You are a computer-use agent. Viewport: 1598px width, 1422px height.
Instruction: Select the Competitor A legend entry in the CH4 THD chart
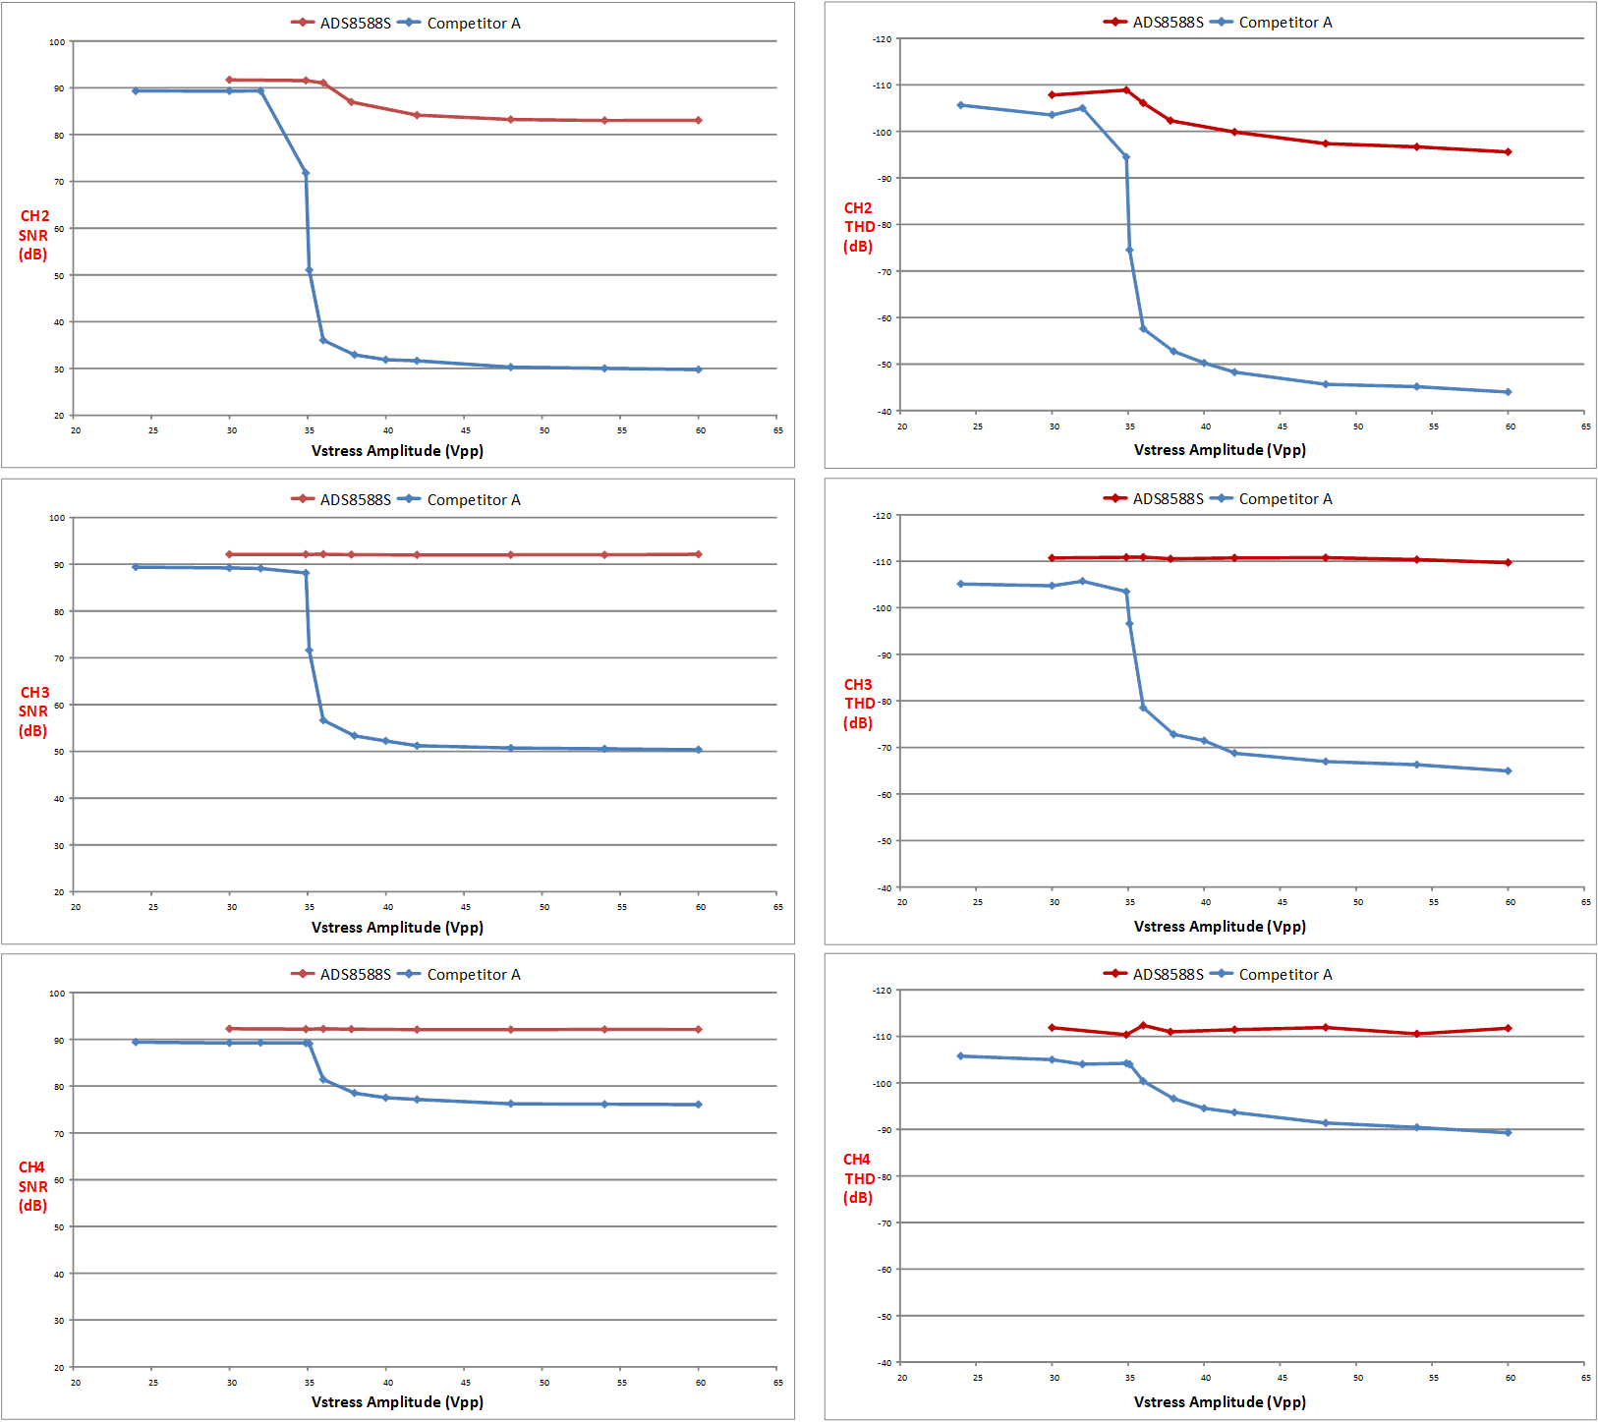click(1272, 975)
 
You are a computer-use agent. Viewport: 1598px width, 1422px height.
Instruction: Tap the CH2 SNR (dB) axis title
click(33, 236)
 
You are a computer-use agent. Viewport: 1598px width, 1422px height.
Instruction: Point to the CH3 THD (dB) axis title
click(858, 704)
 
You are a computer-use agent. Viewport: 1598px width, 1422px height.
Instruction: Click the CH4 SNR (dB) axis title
click(32, 1186)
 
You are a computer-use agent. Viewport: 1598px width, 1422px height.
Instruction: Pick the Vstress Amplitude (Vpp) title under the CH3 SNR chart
click(397, 928)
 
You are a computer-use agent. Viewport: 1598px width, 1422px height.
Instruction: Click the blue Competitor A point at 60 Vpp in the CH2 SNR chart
click(699, 370)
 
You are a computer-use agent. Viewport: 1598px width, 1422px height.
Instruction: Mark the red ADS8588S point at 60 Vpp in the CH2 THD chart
click(1508, 152)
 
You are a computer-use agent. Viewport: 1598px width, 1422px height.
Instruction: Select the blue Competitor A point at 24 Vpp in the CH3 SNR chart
click(136, 567)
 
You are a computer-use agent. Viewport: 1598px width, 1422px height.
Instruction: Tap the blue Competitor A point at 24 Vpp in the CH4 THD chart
click(960, 1056)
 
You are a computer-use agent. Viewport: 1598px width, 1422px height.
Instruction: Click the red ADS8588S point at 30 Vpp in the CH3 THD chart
click(1052, 558)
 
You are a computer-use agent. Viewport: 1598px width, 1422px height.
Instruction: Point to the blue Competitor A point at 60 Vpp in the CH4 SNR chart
click(699, 1105)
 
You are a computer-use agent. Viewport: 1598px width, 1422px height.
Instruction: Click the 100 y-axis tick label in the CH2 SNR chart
click(57, 42)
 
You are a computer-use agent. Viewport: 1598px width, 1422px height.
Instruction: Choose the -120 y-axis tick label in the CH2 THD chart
click(882, 39)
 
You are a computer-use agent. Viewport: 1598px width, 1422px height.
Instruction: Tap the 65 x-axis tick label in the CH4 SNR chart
click(777, 1383)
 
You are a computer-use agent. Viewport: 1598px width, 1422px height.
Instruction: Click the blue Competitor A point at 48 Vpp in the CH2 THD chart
click(1325, 384)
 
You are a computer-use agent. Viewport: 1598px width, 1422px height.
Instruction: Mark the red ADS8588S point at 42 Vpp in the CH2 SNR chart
click(417, 115)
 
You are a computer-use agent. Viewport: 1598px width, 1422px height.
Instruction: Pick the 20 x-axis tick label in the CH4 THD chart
click(902, 1378)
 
